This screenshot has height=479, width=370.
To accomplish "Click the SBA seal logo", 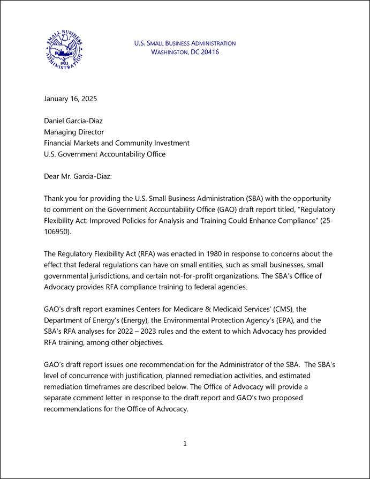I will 64,49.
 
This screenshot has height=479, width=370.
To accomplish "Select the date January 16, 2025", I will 70,99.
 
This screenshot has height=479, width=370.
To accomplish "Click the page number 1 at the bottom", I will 185,443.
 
